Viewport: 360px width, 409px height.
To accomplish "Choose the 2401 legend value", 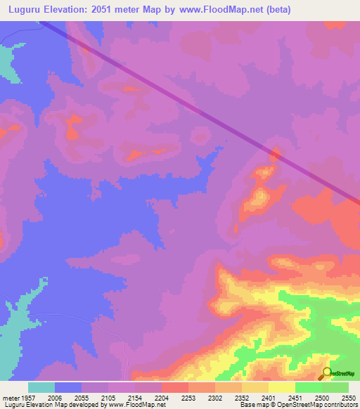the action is coord(270,397).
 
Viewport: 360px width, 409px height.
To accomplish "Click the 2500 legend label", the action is coord(322,397).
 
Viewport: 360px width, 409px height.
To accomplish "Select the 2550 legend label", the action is coord(349,397).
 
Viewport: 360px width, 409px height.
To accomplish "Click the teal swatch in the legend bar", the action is coord(41,387).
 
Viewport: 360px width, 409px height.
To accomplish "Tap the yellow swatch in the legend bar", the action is coord(282,387).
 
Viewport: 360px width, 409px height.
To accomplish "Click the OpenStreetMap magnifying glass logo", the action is coord(325,372).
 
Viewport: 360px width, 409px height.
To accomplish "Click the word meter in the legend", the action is coord(11,397).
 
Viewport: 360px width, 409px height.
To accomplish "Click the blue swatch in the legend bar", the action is coord(68,387).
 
